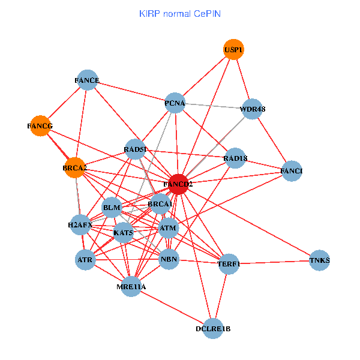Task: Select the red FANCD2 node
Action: (x=178, y=184)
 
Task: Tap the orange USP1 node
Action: (x=233, y=49)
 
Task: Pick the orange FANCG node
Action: (x=40, y=126)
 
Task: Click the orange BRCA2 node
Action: (x=74, y=168)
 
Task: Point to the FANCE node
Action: (x=88, y=80)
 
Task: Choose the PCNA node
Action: (x=175, y=103)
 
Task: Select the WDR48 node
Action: (x=253, y=109)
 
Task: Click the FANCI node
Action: (x=292, y=172)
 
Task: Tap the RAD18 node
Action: (x=235, y=158)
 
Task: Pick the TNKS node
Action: (x=320, y=260)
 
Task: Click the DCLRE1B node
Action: (x=213, y=329)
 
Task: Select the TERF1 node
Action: (x=229, y=263)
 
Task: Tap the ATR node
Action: (x=85, y=260)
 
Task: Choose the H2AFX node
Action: (x=80, y=226)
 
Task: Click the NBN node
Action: (x=169, y=260)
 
